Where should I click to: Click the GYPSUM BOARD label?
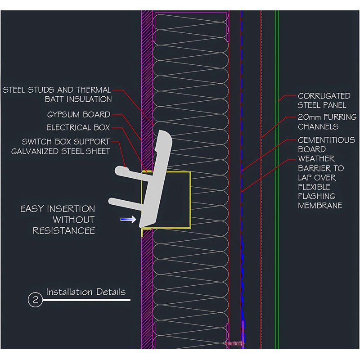pos(78,115)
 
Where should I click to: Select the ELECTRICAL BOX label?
pos(78,128)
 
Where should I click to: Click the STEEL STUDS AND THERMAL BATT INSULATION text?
pos(57,94)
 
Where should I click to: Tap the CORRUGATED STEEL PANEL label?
pos(324,100)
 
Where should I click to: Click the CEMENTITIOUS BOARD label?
pos(326,144)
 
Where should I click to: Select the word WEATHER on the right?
pos(316,159)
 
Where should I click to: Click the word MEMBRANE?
pos(320,206)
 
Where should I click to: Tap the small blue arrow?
pos(128,220)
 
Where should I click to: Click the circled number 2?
pos(35,300)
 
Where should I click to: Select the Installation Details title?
pos(85,292)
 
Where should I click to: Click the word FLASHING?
pos(316,196)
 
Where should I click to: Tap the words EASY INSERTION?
pos(58,209)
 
